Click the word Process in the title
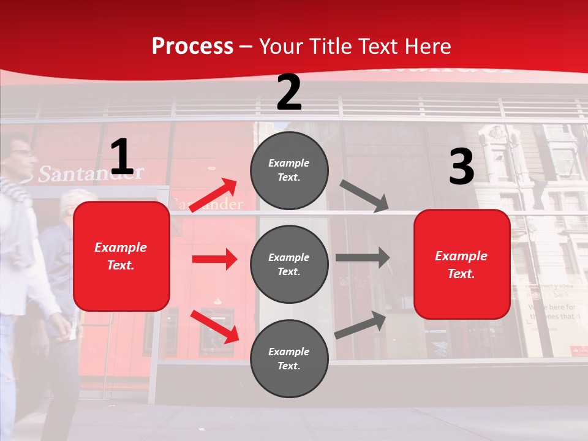pyautogui.click(x=192, y=47)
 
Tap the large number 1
pyautogui.click(x=122, y=157)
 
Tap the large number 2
pyautogui.click(x=289, y=92)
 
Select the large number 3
pyautogui.click(x=461, y=167)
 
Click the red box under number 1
pyautogui.click(x=121, y=256)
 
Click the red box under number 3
pyautogui.click(x=462, y=265)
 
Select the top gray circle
pyautogui.click(x=289, y=170)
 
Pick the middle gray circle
pyautogui.click(x=289, y=264)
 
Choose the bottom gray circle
pyautogui.click(x=289, y=358)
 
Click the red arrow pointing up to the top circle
pyautogui.click(x=214, y=195)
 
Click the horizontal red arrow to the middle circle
pyautogui.click(x=214, y=259)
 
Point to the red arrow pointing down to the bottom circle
pyautogui.click(x=215, y=326)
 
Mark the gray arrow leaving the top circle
pyautogui.click(x=364, y=195)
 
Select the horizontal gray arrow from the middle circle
pyautogui.click(x=363, y=257)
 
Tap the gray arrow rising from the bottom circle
pyautogui.click(x=361, y=325)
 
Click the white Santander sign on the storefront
pyautogui.click(x=91, y=173)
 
